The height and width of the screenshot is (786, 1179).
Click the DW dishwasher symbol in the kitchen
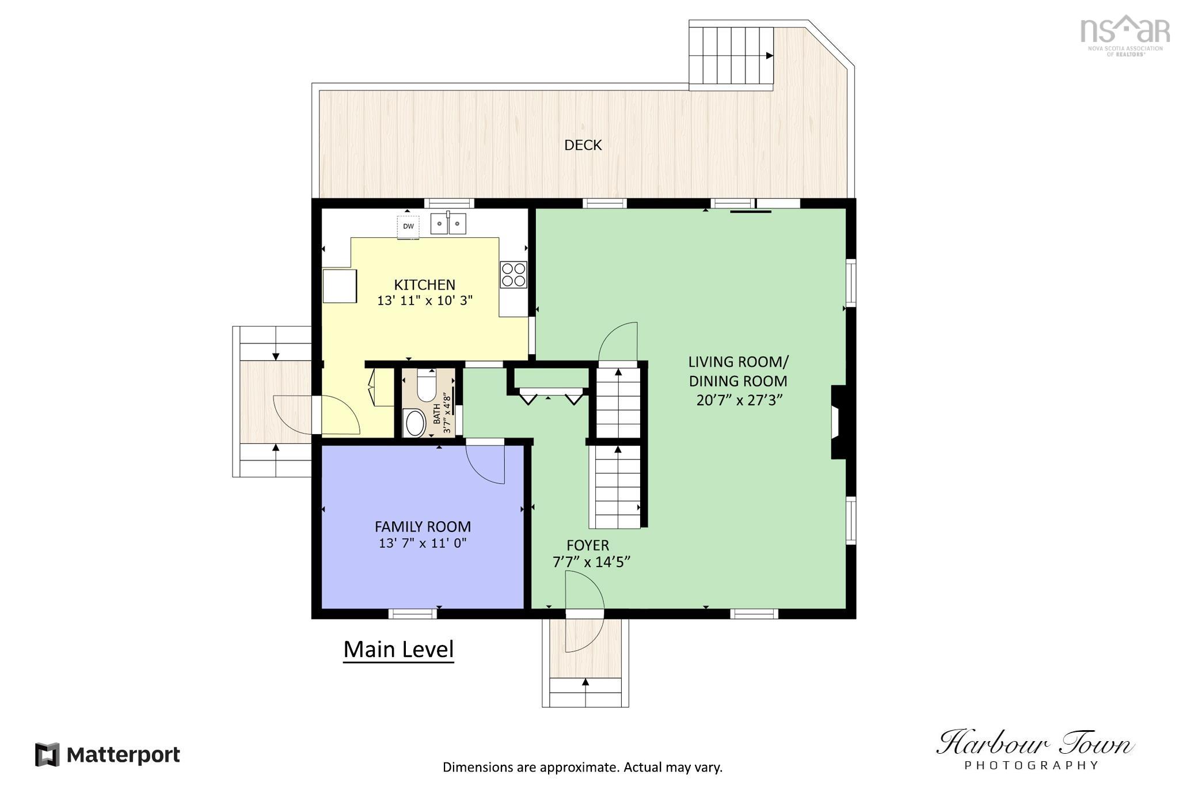pyautogui.click(x=408, y=227)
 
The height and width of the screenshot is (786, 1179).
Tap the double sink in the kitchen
pyautogui.click(x=448, y=223)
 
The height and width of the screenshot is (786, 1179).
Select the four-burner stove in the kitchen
pyautogui.click(x=513, y=275)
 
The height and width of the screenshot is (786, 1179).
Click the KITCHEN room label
pyautogui.click(x=424, y=284)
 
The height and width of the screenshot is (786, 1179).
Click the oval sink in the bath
pyautogui.click(x=415, y=423)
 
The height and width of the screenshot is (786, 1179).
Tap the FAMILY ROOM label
pyautogui.click(x=423, y=526)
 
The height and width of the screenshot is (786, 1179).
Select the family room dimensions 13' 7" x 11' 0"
pyautogui.click(x=423, y=543)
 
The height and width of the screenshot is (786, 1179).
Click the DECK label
pyautogui.click(x=583, y=145)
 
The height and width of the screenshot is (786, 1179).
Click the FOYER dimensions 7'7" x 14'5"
pyautogui.click(x=591, y=562)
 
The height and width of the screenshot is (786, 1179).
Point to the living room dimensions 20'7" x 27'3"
pyautogui.click(x=739, y=400)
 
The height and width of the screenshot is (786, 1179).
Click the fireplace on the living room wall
pyautogui.click(x=838, y=422)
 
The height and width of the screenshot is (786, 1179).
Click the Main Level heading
pyautogui.click(x=398, y=650)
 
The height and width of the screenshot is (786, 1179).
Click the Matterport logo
pyautogui.click(x=108, y=754)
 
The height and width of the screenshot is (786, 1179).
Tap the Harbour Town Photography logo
pyautogui.click(x=1034, y=749)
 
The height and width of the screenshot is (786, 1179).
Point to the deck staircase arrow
pyautogui.click(x=769, y=56)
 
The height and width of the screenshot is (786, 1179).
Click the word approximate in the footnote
pyautogui.click(x=579, y=767)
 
